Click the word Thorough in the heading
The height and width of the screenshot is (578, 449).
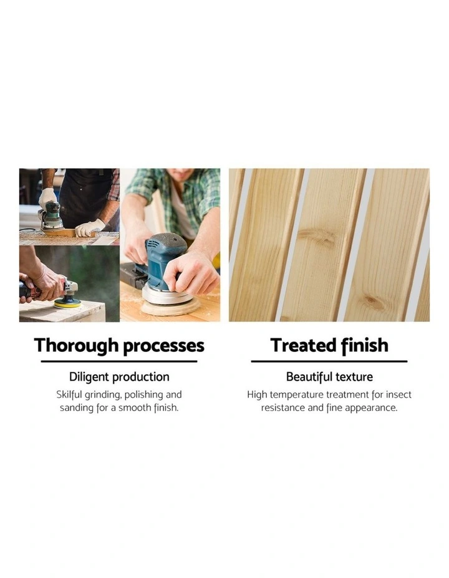[76, 346]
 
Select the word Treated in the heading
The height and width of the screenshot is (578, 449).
[303, 346]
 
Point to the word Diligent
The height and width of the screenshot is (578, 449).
[89, 377]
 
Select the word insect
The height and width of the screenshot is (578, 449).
[398, 395]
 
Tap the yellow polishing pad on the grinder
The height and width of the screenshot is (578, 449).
[67, 303]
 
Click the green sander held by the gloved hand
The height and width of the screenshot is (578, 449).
[52, 216]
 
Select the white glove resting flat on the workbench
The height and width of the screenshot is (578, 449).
[90, 228]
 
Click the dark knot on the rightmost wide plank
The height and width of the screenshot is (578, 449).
[374, 302]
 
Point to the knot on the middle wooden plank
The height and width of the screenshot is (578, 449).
[317, 235]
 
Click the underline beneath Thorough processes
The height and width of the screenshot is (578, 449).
[119, 362]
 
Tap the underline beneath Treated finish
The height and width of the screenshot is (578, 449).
[329, 362]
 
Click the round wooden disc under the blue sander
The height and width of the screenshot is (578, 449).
[171, 306]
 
